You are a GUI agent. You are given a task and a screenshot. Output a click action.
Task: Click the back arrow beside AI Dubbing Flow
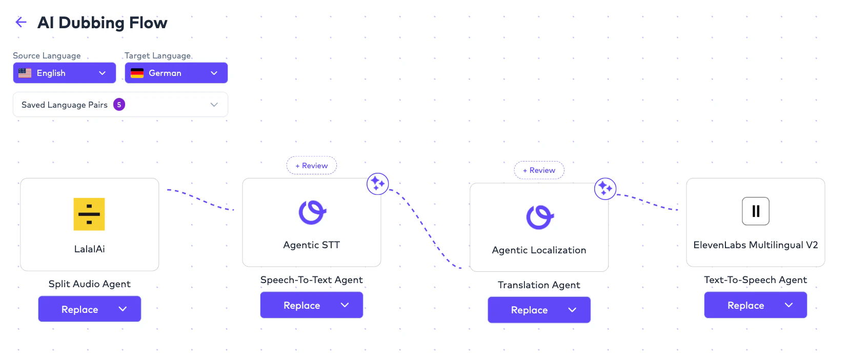21,22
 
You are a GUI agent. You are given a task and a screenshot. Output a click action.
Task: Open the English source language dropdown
65,73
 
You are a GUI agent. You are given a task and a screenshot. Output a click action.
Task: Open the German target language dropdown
176,73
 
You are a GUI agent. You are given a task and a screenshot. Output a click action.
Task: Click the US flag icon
25,73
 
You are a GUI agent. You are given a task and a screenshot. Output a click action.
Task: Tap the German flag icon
137,73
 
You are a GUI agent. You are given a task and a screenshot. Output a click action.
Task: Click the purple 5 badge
119,105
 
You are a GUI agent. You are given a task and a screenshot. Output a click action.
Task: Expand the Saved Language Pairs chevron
214,105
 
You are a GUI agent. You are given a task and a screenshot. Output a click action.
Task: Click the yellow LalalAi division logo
89,214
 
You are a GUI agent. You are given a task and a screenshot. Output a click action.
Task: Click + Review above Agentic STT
312,166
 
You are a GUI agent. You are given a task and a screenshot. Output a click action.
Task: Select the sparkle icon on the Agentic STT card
377,184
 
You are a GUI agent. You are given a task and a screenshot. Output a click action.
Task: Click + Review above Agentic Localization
539,170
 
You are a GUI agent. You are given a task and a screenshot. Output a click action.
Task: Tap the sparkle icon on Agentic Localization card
605,188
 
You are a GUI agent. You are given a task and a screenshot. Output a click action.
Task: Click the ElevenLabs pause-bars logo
755,211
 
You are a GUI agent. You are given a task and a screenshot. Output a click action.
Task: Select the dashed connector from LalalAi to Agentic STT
201,199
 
